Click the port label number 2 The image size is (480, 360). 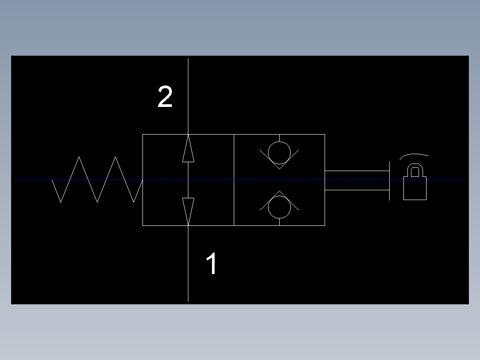click(165, 97)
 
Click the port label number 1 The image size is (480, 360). click(212, 263)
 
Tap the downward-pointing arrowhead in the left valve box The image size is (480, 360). click(188, 212)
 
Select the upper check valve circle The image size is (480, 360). click(279, 142)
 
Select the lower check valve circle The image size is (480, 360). click(279, 218)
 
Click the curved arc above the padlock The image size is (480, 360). click(414, 154)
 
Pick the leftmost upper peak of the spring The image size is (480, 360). click(79, 157)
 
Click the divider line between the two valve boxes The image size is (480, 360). click(234, 180)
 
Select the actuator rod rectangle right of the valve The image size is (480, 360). click(357, 171)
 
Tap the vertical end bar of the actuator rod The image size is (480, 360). click(389, 181)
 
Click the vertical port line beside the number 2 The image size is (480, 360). click(188, 96)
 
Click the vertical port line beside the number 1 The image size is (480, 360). click(188, 263)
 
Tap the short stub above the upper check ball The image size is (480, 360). click(279, 138)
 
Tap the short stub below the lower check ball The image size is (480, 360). click(279, 222)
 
